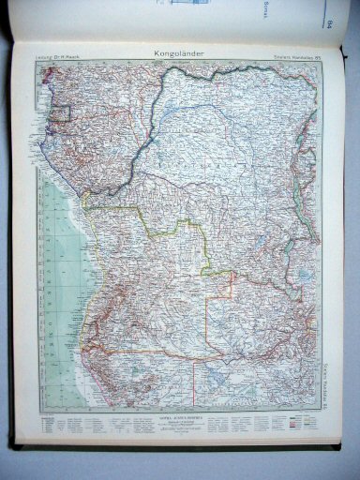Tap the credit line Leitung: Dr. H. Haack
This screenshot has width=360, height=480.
55,60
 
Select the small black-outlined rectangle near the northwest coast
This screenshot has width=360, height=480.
62,114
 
